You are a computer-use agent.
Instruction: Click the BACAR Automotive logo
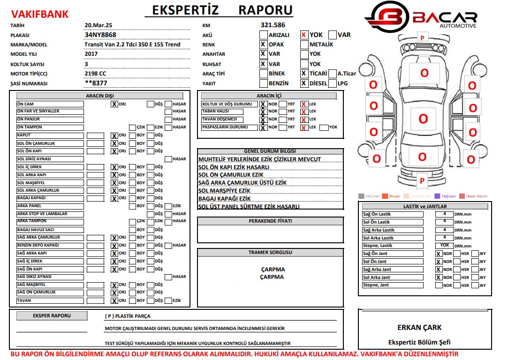(421, 16)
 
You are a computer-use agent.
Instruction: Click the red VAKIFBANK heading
(40, 15)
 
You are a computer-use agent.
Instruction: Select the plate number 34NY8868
(100, 35)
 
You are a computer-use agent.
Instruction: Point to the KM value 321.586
(273, 25)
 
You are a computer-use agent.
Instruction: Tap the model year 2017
(91, 54)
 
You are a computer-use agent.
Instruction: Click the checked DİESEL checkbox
(304, 83)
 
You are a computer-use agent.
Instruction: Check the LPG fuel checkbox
(333, 83)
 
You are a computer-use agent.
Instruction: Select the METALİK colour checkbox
(304, 45)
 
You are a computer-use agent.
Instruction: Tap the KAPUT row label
(24, 135)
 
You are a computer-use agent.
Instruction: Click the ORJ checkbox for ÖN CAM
(114, 104)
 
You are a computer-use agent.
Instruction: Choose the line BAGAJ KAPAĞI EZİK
(224, 199)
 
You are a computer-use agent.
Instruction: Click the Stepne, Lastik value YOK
(444, 245)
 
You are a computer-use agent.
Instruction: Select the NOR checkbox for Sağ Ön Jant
(438, 254)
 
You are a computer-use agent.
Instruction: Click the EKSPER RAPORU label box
(52, 316)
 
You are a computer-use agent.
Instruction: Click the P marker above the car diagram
(422, 37)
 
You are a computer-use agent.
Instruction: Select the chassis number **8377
(96, 83)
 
